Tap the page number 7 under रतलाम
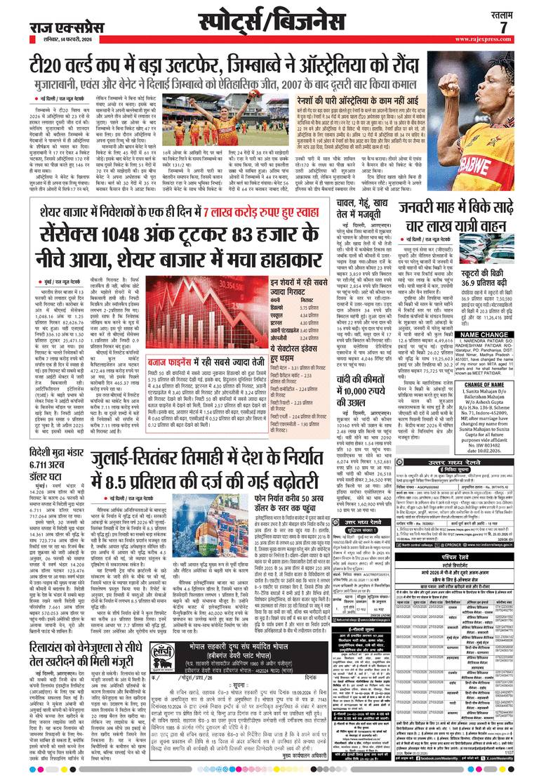(503, 27)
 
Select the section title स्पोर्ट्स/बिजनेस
(273, 22)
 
